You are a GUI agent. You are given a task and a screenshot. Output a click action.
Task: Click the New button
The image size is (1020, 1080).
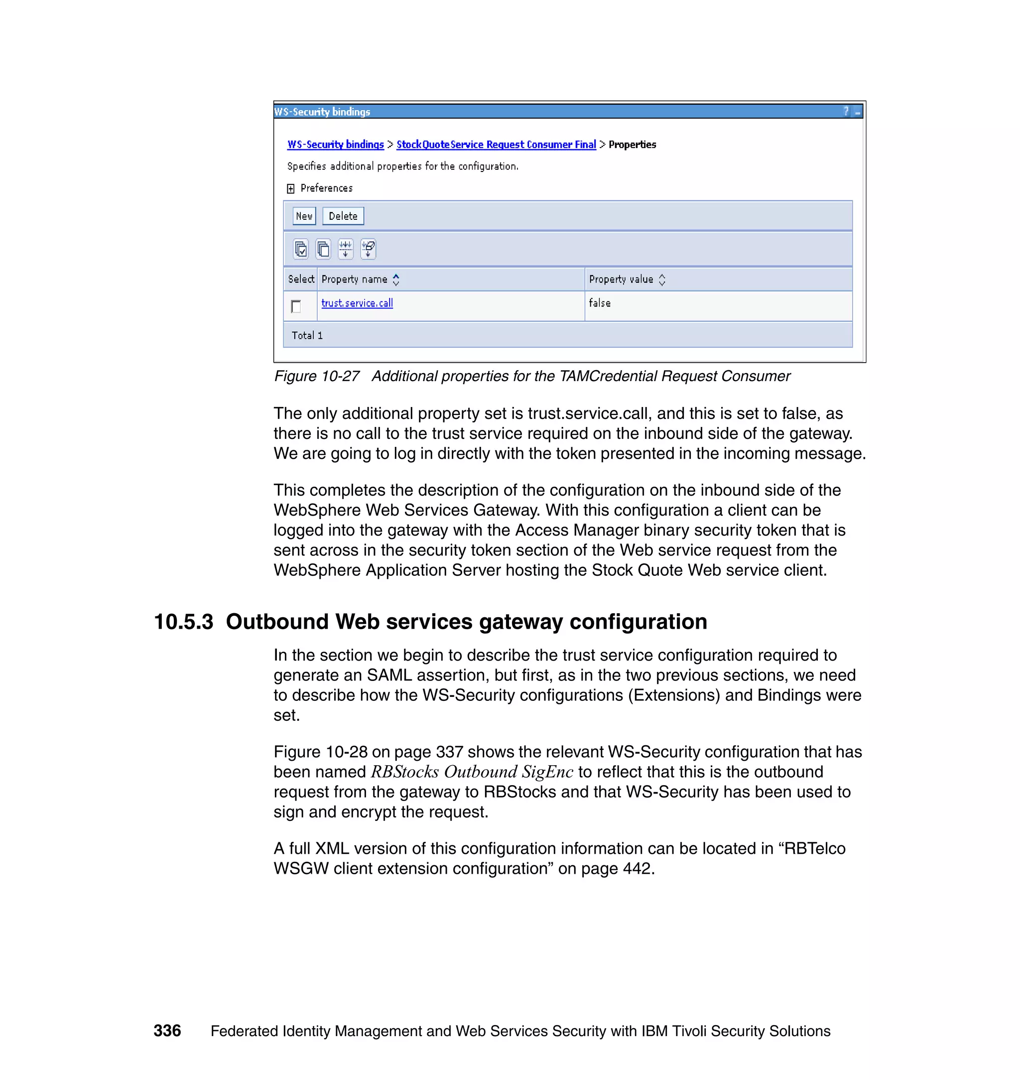304,216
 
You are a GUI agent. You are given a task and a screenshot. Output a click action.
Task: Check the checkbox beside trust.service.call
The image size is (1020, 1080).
296,307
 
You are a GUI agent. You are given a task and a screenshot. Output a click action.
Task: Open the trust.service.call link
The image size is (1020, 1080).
357,303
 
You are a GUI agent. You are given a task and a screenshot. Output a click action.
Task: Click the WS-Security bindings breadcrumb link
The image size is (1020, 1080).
336,144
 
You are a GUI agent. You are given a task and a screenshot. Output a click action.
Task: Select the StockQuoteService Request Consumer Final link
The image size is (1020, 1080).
496,144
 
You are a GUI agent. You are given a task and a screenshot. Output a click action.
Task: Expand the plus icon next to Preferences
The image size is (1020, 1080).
291,189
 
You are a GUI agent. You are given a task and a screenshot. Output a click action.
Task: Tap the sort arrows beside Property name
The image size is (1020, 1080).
396,279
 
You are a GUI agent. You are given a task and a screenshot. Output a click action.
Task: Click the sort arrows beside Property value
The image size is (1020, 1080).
662,279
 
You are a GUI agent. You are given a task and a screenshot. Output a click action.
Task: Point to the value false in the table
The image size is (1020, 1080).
599,303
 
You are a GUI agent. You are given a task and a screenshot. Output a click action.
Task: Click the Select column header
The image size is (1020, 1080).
301,279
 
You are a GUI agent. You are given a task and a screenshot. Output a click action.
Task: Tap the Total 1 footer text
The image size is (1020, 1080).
307,336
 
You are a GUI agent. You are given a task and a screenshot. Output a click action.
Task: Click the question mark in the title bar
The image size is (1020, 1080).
846,112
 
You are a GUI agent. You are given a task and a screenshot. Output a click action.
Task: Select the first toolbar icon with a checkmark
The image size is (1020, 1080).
301,249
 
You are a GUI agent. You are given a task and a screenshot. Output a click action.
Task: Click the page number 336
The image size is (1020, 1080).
167,1031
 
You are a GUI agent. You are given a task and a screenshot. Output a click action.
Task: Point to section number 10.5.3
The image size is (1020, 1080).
183,622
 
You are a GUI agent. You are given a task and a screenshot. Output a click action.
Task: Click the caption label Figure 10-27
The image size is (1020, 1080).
316,376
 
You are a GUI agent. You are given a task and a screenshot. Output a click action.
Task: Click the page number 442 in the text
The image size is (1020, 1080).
637,868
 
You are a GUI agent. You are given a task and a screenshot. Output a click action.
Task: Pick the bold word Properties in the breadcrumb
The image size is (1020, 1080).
632,144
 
